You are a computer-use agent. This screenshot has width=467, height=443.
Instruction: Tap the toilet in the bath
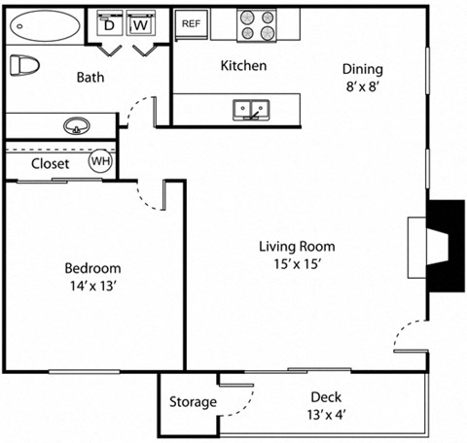[22, 67]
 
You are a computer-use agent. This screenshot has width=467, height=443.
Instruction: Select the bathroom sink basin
[76, 126]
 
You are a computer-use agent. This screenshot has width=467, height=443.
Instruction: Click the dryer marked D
[110, 25]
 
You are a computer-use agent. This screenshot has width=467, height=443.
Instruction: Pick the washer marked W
[140, 25]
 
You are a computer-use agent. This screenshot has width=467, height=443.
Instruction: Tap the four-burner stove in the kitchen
[258, 25]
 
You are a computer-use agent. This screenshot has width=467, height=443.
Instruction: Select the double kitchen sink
[251, 110]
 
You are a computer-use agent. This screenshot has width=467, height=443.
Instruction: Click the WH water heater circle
[101, 162]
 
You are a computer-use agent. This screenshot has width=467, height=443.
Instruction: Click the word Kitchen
[243, 66]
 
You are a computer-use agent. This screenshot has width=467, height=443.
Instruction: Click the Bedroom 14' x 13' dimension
[92, 286]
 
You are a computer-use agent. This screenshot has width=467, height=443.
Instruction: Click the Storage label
[193, 402]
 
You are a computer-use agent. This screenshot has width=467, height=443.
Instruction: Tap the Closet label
[50, 164]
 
